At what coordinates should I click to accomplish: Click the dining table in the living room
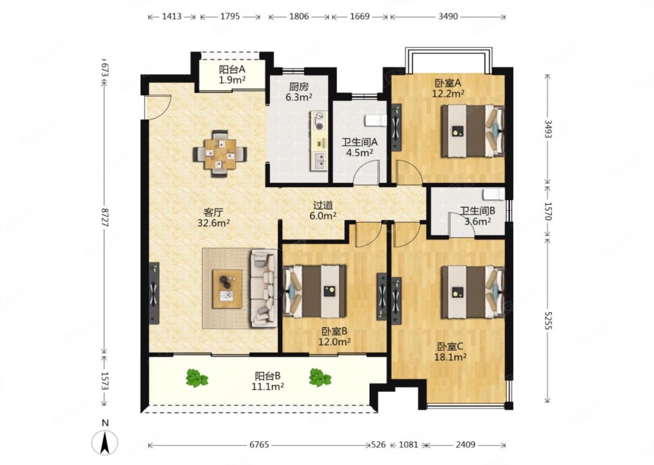(x=220, y=154)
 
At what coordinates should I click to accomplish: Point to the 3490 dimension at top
(x=448, y=17)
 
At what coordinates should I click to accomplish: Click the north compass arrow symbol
(x=105, y=443)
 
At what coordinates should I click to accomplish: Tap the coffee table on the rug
(x=227, y=289)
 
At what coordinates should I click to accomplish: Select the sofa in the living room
(x=263, y=288)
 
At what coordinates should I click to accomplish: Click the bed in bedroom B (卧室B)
(x=315, y=291)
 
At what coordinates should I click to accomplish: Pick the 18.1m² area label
(x=450, y=357)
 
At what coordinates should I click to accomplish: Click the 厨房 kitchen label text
(x=299, y=86)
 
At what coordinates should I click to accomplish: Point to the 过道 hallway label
(x=323, y=206)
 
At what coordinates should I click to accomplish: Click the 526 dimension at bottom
(x=379, y=445)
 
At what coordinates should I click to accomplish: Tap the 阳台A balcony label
(x=232, y=69)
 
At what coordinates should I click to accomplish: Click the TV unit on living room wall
(x=154, y=293)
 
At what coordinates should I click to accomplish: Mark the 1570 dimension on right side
(x=547, y=211)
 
